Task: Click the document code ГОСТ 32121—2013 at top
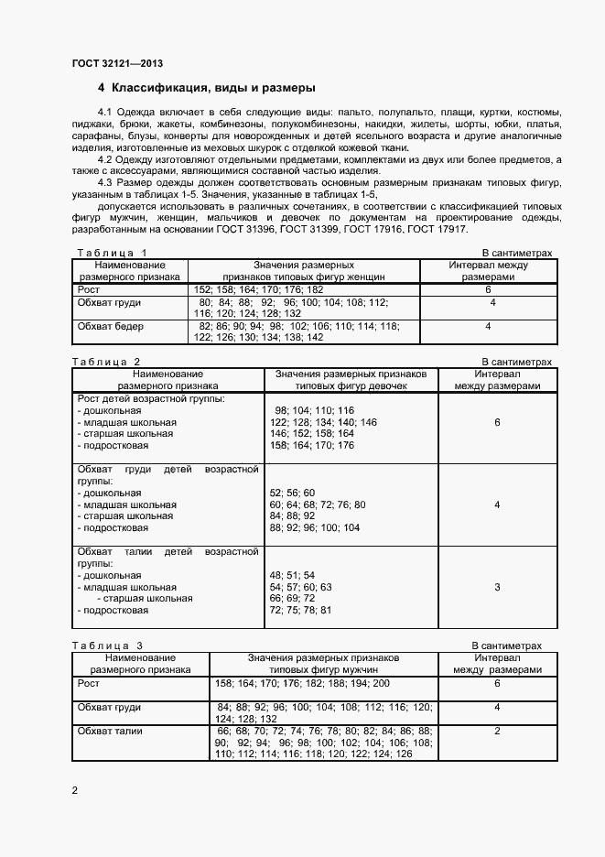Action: point(117,63)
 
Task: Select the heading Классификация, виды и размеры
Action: point(212,89)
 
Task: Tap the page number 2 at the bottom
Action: point(75,787)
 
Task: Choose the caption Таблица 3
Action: point(107,645)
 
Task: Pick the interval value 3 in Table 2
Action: point(496,587)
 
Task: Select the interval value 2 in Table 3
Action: point(496,731)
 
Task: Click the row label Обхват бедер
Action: point(111,326)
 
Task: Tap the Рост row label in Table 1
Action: point(89,289)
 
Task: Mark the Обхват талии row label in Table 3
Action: point(110,731)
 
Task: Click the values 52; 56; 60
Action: point(292,493)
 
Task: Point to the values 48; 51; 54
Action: point(292,575)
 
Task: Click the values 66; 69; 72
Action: point(292,598)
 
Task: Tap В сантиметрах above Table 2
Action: point(516,362)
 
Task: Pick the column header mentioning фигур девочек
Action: point(351,380)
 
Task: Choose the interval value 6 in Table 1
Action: point(489,289)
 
